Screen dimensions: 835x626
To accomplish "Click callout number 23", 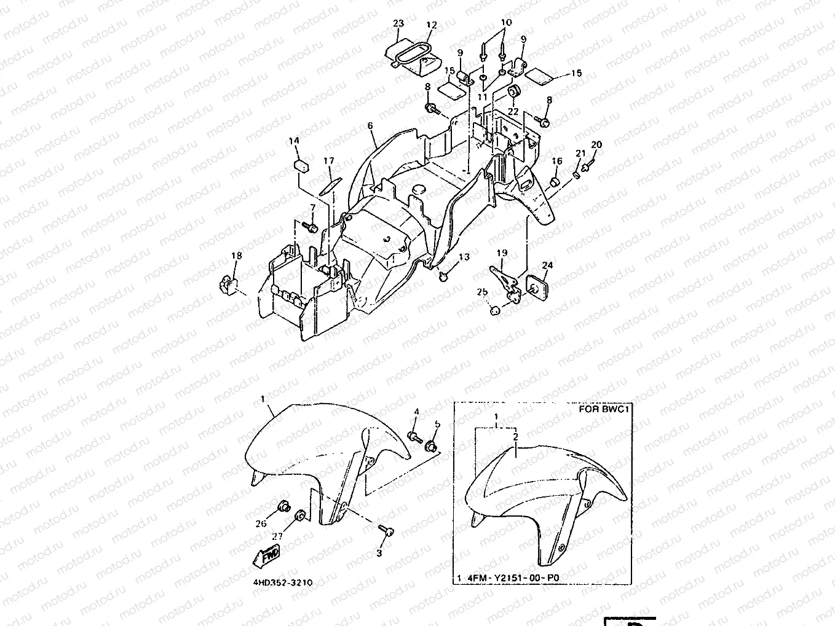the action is coord(398,24).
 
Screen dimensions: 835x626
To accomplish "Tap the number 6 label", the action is coord(370,126).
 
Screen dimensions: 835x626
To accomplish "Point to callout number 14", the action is coord(294,141).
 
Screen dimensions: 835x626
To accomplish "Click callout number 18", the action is coord(236,256).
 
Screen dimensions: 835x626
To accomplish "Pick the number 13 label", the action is coord(464,257).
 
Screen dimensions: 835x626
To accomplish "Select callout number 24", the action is coord(547,265).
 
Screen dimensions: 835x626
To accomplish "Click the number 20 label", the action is coord(596,145).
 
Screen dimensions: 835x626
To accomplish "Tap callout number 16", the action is coord(556,162).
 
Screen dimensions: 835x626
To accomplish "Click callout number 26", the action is coord(261,523).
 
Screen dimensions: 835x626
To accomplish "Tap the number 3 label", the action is coord(379,553).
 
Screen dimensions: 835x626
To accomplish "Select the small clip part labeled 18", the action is coord(228,284).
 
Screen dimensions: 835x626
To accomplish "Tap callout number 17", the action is coord(329,162).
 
